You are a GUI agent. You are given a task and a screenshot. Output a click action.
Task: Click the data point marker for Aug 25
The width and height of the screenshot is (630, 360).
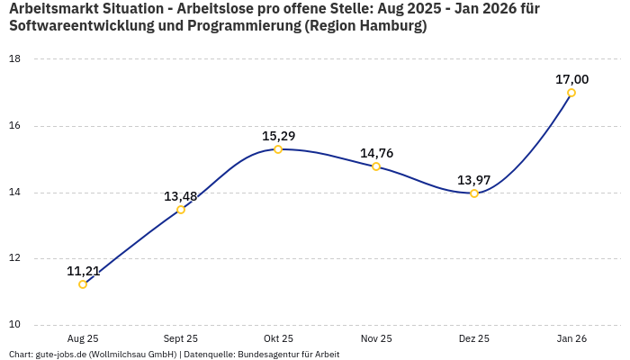point(83,284)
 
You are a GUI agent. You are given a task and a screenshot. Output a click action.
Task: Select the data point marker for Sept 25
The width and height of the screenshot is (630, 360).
point(181,210)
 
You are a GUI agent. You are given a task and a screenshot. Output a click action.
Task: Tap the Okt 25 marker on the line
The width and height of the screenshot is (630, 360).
point(278,149)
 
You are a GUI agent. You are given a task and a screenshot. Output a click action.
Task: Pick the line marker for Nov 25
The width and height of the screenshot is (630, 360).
point(376,166)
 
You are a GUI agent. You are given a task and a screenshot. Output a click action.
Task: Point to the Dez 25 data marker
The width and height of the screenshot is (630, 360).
point(474,193)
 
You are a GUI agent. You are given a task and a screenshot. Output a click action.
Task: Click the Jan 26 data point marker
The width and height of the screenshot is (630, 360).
point(571,93)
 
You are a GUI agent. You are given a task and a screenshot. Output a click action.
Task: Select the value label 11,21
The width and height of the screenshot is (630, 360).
point(83,270)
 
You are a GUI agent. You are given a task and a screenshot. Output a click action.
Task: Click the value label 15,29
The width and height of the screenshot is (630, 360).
point(278,136)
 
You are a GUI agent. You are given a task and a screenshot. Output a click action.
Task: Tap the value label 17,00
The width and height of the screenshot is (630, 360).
point(571,79)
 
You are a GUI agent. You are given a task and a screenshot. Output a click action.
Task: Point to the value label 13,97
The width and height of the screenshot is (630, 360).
point(474,180)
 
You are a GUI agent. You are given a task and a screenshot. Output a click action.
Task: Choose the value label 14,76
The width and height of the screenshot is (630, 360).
point(376,153)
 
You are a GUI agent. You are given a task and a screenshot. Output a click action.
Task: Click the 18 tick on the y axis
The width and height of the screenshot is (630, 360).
point(14,59)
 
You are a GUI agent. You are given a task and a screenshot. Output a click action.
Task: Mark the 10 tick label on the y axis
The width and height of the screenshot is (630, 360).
point(14,325)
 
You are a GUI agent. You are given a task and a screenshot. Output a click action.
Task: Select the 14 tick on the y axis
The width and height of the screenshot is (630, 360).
point(14,193)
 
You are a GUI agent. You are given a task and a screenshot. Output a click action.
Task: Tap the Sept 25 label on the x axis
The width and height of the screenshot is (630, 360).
point(181,338)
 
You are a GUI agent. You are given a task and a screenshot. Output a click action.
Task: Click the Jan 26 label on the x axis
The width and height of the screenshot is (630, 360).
point(571,338)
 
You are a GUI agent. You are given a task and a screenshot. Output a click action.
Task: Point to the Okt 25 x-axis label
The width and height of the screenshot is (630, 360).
point(278,338)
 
